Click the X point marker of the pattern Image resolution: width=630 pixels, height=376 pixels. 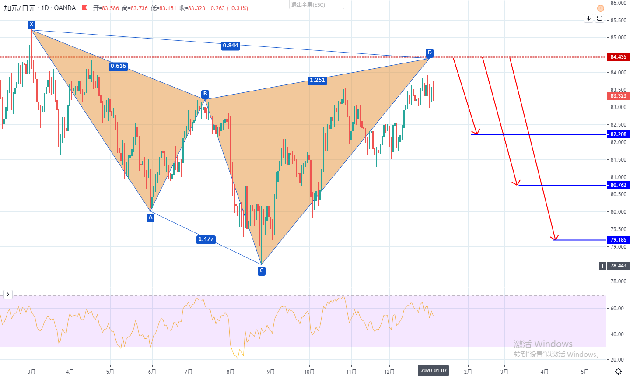pyautogui.click(x=31, y=25)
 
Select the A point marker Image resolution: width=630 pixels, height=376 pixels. pyautogui.click(x=150, y=218)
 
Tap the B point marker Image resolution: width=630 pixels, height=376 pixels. pyautogui.click(x=205, y=94)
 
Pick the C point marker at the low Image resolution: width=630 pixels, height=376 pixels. pyautogui.click(x=262, y=271)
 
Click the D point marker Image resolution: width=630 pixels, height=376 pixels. pyautogui.click(x=430, y=53)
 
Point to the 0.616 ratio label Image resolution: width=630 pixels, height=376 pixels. pyautogui.click(x=118, y=66)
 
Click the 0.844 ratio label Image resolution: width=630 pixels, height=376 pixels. pyautogui.click(x=231, y=46)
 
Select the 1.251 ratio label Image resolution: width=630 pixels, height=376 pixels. pyautogui.click(x=317, y=80)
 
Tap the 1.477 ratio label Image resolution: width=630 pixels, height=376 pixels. pyautogui.click(x=206, y=239)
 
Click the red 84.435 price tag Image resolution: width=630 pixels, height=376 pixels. pyautogui.click(x=618, y=57)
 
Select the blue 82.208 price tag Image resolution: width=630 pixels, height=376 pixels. pyautogui.click(x=618, y=134)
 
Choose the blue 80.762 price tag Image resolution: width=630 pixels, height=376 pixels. pyautogui.click(x=618, y=185)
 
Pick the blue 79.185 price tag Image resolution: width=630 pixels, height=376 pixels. pyautogui.click(x=618, y=240)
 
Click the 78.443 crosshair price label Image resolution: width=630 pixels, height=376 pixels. pyautogui.click(x=618, y=266)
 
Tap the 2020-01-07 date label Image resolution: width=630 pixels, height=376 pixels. pyautogui.click(x=434, y=371)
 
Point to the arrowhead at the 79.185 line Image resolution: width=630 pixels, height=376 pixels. pyautogui.click(x=555, y=238)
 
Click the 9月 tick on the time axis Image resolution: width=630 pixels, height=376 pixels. pyautogui.click(x=271, y=372)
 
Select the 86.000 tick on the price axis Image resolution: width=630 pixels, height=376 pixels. pyautogui.click(x=618, y=3)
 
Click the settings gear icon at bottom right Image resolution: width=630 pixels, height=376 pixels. pyautogui.click(x=618, y=371)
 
